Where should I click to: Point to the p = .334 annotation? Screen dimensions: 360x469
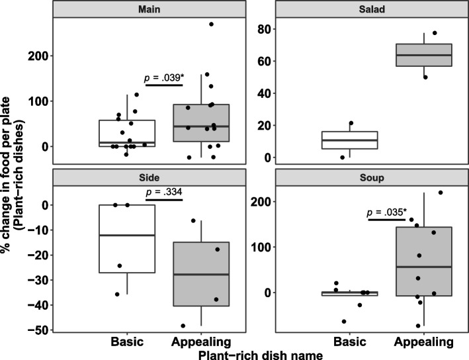(163, 193)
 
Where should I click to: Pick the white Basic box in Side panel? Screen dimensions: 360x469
(126, 238)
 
